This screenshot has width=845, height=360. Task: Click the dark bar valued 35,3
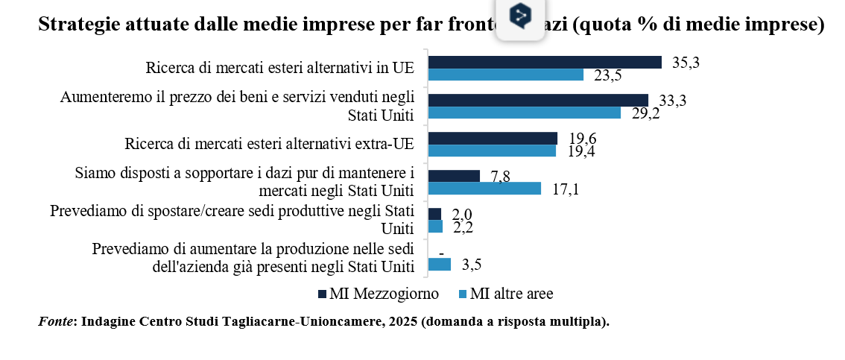point(545,63)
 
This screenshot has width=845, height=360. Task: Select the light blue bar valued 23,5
point(506,75)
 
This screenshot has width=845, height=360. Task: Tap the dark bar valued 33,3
point(538,101)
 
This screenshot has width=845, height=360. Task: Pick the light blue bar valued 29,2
point(525,113)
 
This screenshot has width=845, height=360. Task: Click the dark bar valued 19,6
point(493,139)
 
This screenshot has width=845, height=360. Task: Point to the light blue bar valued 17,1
point(484,189)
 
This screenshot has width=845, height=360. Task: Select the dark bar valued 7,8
point(454,176)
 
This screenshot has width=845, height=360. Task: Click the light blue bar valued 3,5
point(440,264)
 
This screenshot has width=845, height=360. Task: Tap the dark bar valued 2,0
point(435,214)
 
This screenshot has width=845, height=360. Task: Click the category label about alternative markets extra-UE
point(270,144)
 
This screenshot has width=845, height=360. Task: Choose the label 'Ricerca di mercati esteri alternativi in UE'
point(279,69)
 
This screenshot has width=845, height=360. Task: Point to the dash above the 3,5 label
point(442,253)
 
